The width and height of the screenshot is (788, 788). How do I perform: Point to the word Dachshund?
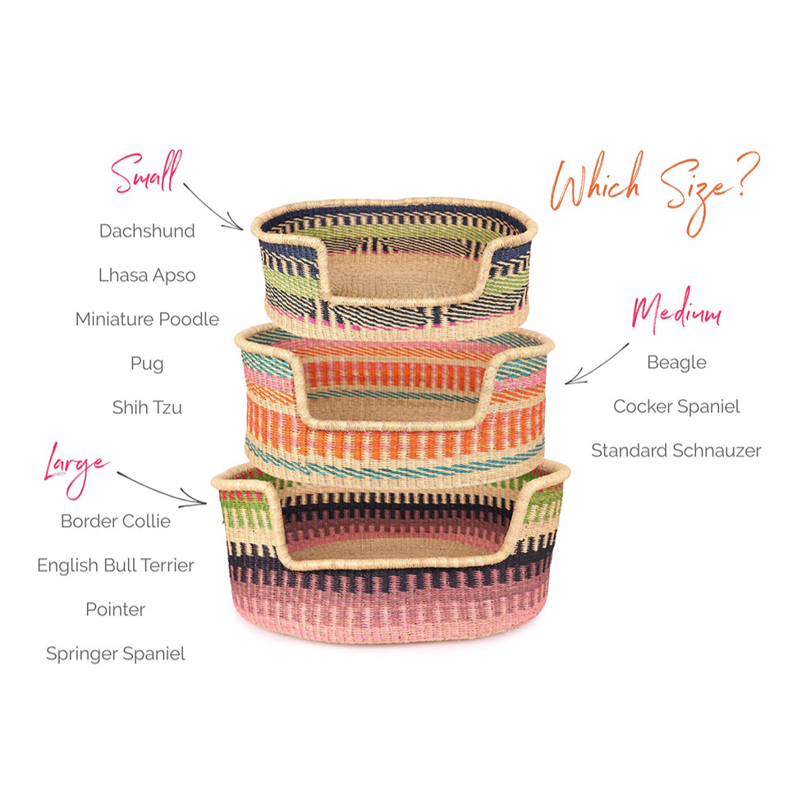pyautogui.click(x=147, y=231)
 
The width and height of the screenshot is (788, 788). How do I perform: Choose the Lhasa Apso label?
pyautogui.click(x=147, y=275)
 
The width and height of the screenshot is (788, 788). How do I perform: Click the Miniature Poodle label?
pyautogui.click(x=147, y=319)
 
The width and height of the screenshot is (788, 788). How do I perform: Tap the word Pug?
pyautogui.click(x=147, y=363)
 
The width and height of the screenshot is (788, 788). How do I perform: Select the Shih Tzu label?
pyautogui.click(x=147, y=407)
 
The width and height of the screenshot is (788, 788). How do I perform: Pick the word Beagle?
pyautogui.click(x=676, y=362)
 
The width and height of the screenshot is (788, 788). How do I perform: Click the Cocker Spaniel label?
pyautogui.click(x=676, y=406)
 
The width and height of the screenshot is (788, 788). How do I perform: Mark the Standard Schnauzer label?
pyautogui.click(x=676, y=451)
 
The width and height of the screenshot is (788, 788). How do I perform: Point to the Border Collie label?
pyautogui.click(x=116, y=521)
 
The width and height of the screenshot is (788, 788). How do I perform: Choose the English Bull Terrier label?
pyautogui.click(x=116, y=566)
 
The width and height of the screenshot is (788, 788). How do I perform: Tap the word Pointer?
pyautogui.click(x=116, y=610)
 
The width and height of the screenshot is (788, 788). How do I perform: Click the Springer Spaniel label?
pyautogui.click(x=116, y=654)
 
